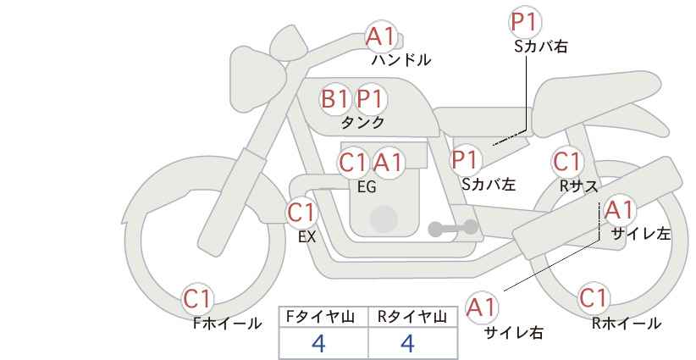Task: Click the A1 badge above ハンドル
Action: click(x=380, y=36)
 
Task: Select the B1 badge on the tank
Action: click(x=335, y=99)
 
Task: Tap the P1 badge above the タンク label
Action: click(x=370, y=99)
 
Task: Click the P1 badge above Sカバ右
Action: click(x=526, y=23)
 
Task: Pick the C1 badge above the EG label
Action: click(x=353, y=162)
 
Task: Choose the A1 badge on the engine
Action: click(x=388, y=162)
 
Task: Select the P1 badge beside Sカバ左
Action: click(x=466, y=158)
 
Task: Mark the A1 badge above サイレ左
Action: click(x=618, y=209)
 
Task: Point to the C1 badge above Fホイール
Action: click(x=199, y=298)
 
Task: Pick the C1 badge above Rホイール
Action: click(x=593, y=298)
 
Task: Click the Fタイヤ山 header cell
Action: click(x=323, y=316)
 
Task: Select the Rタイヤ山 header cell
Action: click(x=412, y=316)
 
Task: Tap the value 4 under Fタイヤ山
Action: click(x=318, y=343)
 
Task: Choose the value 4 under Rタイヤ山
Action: click(x=407, y=343)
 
